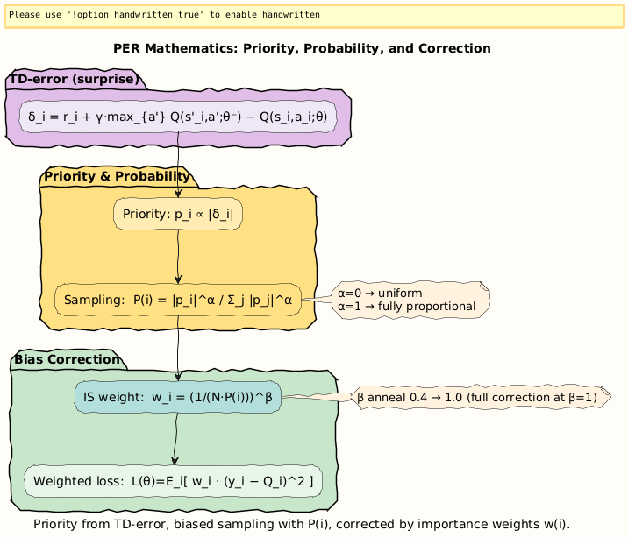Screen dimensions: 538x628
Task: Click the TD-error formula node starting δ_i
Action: point(178,117)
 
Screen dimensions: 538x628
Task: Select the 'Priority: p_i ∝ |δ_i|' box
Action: point(178,214)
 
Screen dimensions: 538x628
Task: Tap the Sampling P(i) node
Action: point(178,301)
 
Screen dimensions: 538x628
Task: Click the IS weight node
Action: point(178,398)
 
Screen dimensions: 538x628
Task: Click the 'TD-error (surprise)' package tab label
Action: point(75,80)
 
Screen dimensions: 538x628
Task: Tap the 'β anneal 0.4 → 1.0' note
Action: point(482,398)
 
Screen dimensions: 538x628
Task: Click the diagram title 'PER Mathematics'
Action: point(302,48)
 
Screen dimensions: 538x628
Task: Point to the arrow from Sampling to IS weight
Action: point(178,347)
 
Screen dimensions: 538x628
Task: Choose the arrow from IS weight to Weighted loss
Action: point(176,439)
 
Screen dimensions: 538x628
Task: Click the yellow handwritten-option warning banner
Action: point(314,16)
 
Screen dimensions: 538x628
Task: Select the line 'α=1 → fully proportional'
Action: point(412,307)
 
